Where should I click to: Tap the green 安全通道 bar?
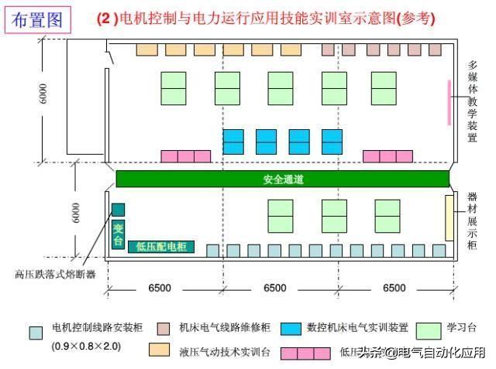(x=283, y=179)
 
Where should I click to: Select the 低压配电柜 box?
(x=161, y=247)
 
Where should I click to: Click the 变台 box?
(x=119, y=234)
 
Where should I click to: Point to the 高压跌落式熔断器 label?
(x=55, y=273)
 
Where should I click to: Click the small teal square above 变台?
(x=119, y=210)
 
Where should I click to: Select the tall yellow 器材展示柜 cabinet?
(x=449, y=217)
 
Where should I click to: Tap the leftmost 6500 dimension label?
(x=160, y=288)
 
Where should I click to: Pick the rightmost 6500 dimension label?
(x=394, y=288)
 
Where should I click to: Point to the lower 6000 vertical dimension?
(x=76, y=213)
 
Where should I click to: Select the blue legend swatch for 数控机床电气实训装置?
(x=291, y=330)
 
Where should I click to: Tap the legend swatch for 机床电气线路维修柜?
(x=163, y=329)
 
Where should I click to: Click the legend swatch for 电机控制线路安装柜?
(x=36, y=333)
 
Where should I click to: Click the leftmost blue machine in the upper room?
(x=233, y=142)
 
